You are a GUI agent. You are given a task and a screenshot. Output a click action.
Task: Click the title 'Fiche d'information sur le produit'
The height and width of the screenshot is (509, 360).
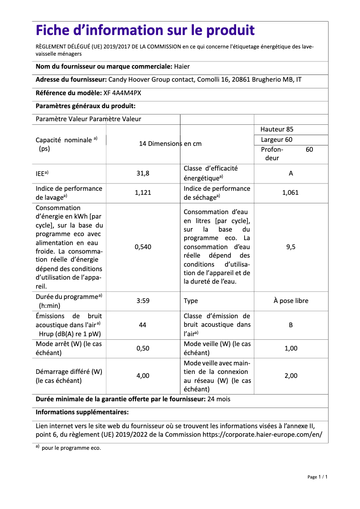tap(145, 31)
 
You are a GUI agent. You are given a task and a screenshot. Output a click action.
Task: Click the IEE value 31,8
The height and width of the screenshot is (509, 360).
tap(143, 173)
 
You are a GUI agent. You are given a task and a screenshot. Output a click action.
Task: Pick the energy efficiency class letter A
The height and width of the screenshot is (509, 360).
tap(291, 173)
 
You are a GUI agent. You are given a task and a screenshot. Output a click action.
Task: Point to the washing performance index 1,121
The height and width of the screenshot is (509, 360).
tap(143, 193)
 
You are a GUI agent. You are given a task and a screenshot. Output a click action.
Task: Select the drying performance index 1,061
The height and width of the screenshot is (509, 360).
tap(290, 193)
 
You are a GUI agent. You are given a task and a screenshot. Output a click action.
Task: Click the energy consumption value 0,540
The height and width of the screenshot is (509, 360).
tap(143, 247)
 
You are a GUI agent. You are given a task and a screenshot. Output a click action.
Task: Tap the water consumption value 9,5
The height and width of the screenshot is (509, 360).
tap(291, 247)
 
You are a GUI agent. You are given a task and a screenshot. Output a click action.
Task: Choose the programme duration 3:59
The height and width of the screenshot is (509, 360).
tap(143, 301)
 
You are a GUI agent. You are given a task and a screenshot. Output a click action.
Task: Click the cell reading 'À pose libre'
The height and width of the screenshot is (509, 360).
tap(291, 301)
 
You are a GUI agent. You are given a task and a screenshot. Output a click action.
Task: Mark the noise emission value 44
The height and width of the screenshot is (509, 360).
tap(143, 325)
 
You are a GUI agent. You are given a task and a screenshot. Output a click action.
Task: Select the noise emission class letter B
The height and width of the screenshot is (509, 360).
tap(291, 325)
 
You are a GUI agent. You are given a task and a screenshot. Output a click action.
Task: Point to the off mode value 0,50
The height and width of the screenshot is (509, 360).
tap(143, 348)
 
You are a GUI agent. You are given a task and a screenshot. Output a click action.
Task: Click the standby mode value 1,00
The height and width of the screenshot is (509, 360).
tap(291, 348)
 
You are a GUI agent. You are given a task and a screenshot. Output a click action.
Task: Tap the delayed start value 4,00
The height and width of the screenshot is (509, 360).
tap(143, 376)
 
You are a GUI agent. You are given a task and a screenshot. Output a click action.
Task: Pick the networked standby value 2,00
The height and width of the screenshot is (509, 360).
tap(291, 376)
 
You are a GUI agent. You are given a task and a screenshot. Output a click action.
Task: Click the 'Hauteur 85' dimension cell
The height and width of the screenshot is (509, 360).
tap(277, 129)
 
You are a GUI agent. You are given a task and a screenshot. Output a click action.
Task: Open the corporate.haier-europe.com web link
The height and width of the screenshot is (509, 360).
tap(262, 434)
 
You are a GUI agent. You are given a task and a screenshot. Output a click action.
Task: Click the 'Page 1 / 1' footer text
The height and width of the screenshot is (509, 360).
tap(317, 477)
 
